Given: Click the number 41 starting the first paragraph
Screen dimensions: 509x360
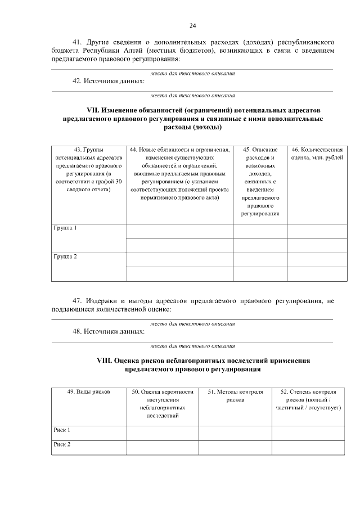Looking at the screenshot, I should point(78,43).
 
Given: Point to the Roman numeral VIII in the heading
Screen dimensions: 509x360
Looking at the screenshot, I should point(105,359).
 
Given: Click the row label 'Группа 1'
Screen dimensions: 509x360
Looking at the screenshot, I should point(65,228).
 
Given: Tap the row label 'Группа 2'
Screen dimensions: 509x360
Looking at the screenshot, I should point(65,256).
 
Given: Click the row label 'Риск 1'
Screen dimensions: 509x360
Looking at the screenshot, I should point(62,430).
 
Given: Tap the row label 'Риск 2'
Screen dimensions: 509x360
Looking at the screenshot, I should point(62,444).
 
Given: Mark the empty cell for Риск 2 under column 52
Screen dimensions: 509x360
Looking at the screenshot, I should point(308,447).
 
